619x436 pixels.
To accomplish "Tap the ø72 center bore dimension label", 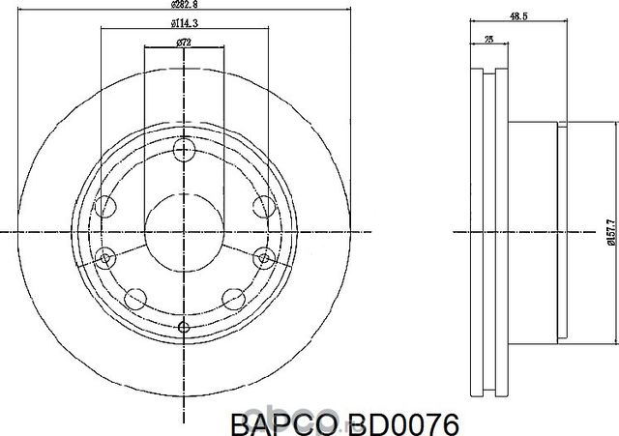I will click(184, 42).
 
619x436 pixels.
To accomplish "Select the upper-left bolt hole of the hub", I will click(107, 205).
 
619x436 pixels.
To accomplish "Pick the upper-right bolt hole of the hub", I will click(261, 205).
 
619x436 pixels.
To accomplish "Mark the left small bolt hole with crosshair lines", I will click(106, 256).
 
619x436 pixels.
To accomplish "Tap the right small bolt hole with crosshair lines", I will click(263, 256).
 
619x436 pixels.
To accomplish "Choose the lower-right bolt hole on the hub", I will click(231, 298).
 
